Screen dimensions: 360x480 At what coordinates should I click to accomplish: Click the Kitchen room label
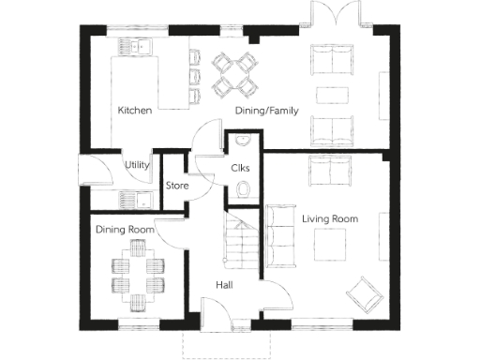(x=134, y=111)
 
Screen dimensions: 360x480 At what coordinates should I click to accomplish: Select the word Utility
(x=138, y=165)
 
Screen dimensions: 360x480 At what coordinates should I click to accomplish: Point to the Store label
(x=177, y=186)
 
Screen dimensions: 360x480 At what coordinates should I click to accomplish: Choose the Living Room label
(x=330, y=218)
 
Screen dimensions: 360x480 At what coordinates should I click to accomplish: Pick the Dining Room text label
(x=124, y=229)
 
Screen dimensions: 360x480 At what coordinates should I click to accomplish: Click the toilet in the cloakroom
(x=244, y=190)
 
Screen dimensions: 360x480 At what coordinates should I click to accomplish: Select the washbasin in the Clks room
(x=243, y=142)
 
